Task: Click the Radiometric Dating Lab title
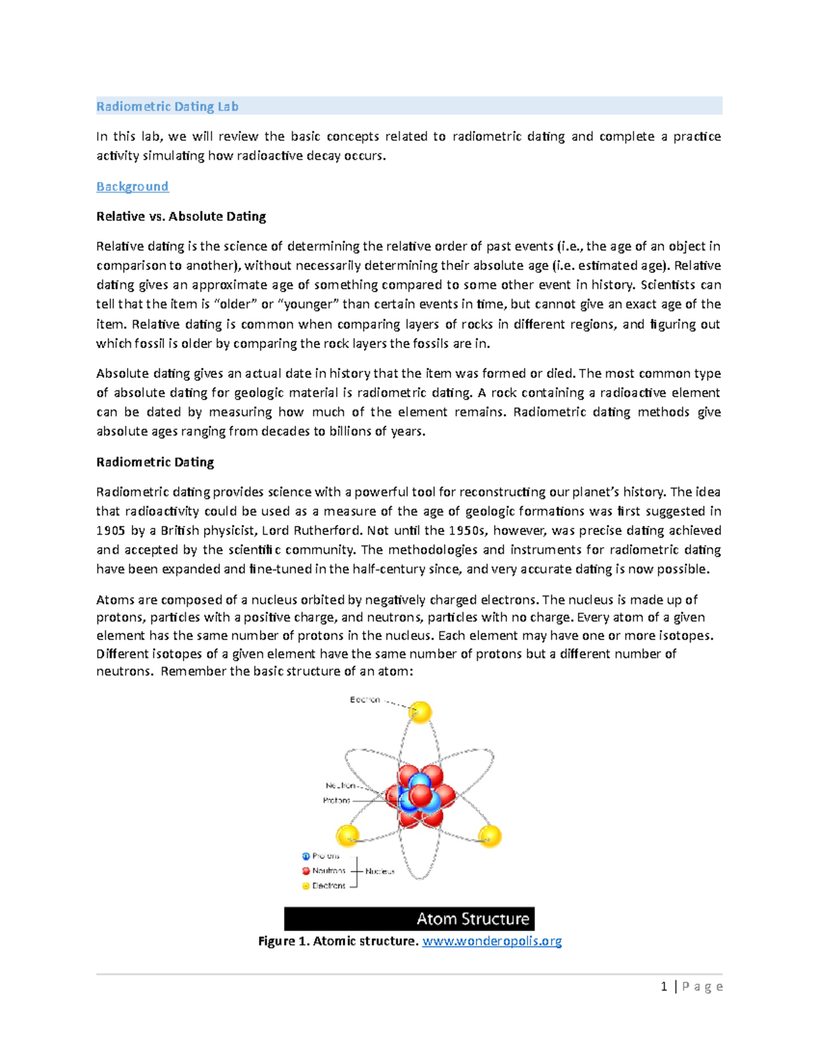pos(167,106)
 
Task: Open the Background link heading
pos(132,186)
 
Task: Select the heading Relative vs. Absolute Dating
pos(181,216)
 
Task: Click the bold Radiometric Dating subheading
pos(155,462)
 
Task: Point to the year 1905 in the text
pos(111,530)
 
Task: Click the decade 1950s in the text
pos(468,530)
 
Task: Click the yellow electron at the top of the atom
pos(420,712)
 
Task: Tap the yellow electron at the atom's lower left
pos(347,835)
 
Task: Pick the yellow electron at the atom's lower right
pos(490,835)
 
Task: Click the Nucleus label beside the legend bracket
pos(379,871)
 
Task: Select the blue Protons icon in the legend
pos(306,856)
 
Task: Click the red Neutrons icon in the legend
pos(306,871)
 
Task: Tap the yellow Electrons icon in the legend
pos(306,886)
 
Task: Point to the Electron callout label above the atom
pos(365,700)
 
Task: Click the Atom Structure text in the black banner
pos(473,919)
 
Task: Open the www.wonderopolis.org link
pos(492,941)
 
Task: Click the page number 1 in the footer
pos(664,986)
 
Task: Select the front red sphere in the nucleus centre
pos(420,796)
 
